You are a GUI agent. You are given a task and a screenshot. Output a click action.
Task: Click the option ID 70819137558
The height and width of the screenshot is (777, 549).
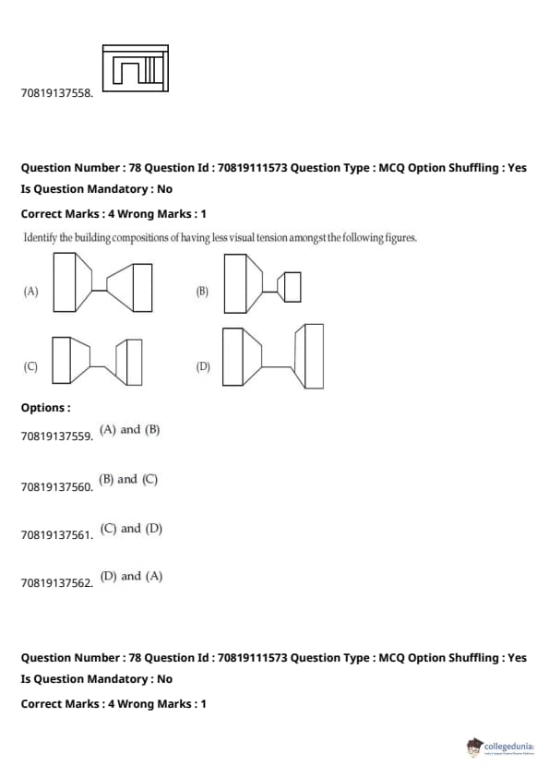coord(57,93)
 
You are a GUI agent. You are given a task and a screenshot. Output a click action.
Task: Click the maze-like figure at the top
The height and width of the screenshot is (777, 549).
coord(136,68)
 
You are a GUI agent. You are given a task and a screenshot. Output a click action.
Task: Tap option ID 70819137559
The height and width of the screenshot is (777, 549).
coord(57,436)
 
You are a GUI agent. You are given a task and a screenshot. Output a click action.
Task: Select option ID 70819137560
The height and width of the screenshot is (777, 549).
coord(57,487)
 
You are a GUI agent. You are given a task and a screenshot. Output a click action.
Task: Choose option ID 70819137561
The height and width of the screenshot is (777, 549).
coord(57,535)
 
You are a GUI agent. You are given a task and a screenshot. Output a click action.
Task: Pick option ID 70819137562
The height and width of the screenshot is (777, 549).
coord(57,583)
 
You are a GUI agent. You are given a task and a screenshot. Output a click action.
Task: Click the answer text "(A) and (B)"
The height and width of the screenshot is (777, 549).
coord(130,430)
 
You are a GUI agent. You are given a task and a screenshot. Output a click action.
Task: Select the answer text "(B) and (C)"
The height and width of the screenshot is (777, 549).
coord(128,480)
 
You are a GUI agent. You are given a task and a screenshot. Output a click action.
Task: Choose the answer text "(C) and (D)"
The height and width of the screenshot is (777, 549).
coord(131,529)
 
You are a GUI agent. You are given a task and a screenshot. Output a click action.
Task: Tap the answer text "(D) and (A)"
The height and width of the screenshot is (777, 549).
coord(131,577)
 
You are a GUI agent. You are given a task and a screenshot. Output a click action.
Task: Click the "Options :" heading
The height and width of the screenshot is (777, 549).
coord(45,408)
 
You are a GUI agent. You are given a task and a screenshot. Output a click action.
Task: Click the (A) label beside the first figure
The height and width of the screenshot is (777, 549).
coord(30,292)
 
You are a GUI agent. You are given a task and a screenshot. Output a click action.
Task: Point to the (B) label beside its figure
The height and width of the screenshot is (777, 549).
coord(202,292)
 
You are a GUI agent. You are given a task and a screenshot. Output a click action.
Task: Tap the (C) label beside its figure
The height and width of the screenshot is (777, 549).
coord(30,366)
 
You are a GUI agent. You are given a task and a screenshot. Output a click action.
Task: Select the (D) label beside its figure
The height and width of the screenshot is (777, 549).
coord(203,366)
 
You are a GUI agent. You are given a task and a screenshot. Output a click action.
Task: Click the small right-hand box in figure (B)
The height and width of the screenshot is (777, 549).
coord(292,287)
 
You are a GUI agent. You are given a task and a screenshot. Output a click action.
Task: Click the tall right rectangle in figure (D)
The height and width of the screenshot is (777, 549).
coord(314,356)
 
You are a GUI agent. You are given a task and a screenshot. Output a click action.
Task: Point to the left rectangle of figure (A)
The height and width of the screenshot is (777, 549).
coord(65,282)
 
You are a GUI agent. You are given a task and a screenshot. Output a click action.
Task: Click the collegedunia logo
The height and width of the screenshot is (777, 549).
coord(500,747)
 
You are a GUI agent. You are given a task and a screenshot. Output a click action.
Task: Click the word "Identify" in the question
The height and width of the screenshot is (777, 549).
coord(41,238)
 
